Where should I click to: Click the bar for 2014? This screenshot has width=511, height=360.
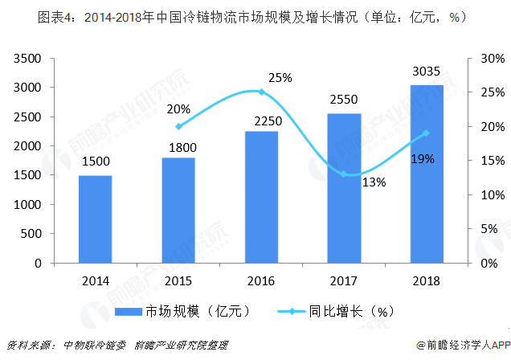(95, 219)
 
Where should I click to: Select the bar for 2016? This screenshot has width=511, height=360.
(260, 197)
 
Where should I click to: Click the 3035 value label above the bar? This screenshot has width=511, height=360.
(426, 72)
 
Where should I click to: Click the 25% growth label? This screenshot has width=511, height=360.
(280, 78)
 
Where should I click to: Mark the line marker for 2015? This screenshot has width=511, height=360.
(178, 126)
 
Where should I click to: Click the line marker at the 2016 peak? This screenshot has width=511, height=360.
(261, 92)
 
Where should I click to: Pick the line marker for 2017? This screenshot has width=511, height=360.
(344, 174)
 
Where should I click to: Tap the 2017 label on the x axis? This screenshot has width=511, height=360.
(343, 280)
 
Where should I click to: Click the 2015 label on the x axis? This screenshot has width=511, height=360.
(178, 280)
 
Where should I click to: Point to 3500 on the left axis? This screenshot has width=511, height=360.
(28, 59)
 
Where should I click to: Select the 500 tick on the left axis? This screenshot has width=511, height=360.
(34, 234)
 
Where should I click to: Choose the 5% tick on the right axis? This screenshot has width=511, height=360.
(485, 229)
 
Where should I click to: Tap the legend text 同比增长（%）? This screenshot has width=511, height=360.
(353, 309)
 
